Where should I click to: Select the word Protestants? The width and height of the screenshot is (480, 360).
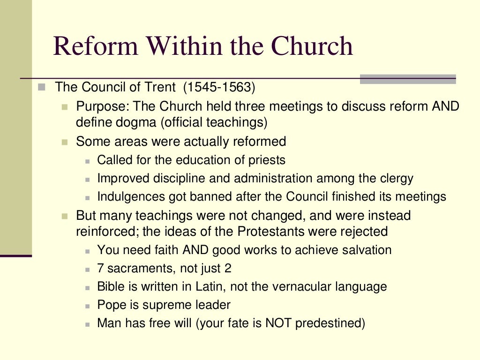pos(280,231)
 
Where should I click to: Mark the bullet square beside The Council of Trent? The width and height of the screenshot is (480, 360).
pos(42,87)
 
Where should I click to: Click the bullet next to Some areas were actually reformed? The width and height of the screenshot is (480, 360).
pos(65,142)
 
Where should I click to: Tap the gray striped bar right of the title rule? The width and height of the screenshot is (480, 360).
pos(408,79)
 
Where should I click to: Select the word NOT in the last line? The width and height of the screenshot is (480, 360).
pos(280,323)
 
